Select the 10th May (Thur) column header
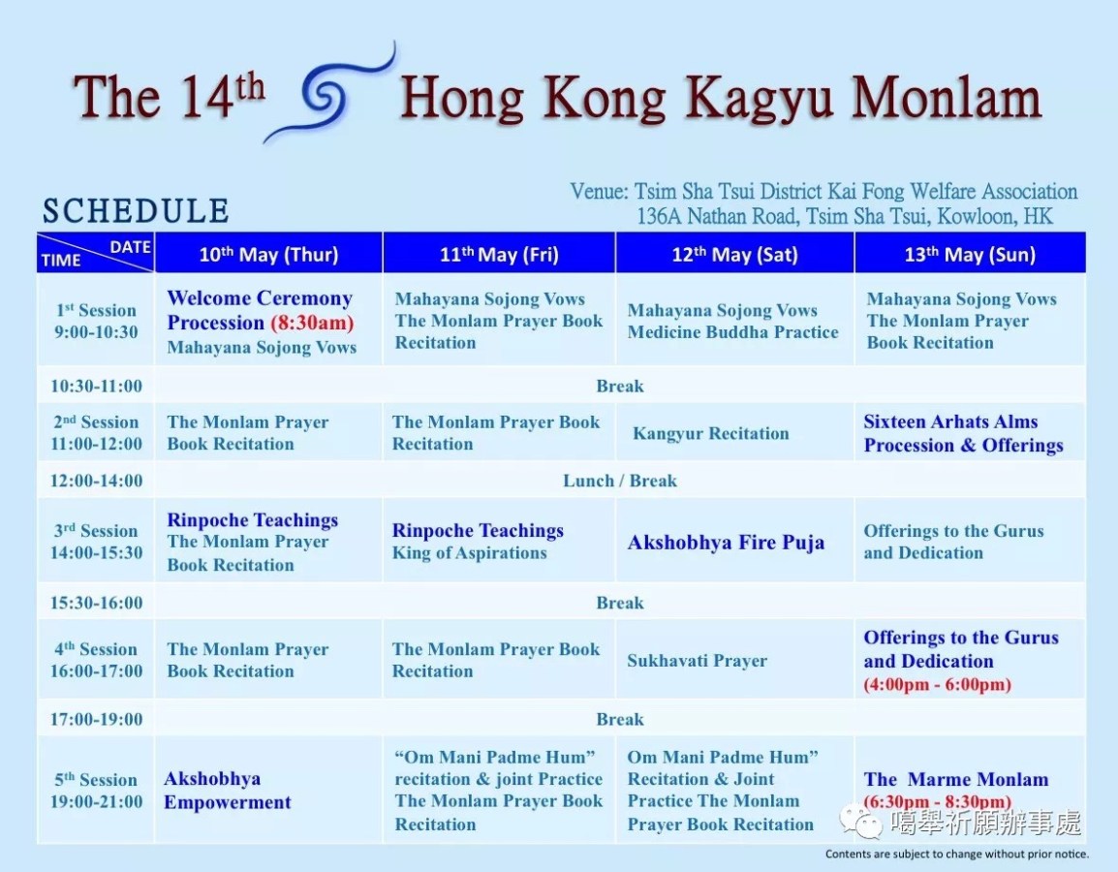click(268, 255)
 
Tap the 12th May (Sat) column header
click(734, 255)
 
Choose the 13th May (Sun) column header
click(970, 255)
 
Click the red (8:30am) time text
click(312, 324)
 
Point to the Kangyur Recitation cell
click(710, 433)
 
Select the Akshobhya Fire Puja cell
click(726, 542)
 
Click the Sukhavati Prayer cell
click(697, 661)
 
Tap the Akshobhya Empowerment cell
click(228, 791)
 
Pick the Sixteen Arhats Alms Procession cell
click(963, 433)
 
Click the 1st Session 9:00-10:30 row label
click(96, 321)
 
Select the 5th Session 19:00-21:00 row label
click(96, 791)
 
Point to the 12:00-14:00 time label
click(96, 481)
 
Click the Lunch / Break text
click(620, 481)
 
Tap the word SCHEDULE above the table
click(136, 211)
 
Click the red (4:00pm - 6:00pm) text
click(937, 685)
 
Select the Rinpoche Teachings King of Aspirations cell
click(478, 542)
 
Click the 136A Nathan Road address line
click(844, 216)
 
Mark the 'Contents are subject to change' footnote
click(956, 855)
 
